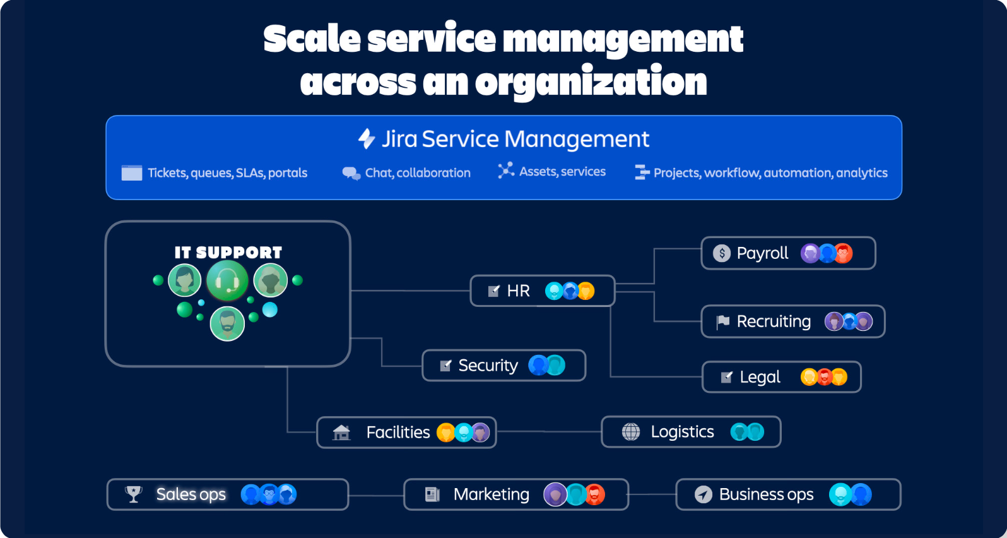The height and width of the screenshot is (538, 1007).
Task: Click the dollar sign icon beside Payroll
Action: click(x=722, y=253)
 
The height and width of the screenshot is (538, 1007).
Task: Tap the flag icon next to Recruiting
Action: click(x=723, y=322)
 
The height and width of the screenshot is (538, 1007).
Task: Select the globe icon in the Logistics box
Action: click(x=631, y=432)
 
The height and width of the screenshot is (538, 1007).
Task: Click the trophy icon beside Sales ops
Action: click(x=134, y=494)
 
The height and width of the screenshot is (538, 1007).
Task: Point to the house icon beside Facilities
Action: click(x=341, y=433)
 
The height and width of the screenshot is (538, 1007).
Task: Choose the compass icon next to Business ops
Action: click(x=704, y=494)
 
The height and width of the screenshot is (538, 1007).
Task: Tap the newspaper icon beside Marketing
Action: click(x=432, y=494)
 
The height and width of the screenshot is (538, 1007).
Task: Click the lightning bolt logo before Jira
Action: click(x=367, y=139)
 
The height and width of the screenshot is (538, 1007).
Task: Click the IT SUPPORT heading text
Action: click(x=228, y=253)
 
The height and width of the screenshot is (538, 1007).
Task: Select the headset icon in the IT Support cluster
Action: click(x=227, y=280)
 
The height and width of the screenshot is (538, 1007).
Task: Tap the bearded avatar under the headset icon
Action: click(x=227, y=323)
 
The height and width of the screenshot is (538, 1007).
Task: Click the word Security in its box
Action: click(x=488, y=366)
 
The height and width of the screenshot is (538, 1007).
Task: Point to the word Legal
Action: click(x=760, y=378)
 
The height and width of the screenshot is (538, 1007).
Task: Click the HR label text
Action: click(x=518, y=291)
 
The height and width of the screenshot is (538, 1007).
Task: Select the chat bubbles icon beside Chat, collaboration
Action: click(x=351, y=173)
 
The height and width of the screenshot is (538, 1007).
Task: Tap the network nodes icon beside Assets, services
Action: click(x=505, y=170)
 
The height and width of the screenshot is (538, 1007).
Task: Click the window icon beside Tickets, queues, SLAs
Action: click(x=132, y=173)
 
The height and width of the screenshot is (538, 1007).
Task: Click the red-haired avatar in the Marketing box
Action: click(x=594, y=494)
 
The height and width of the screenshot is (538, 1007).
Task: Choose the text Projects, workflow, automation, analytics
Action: click(x=770, y=173)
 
